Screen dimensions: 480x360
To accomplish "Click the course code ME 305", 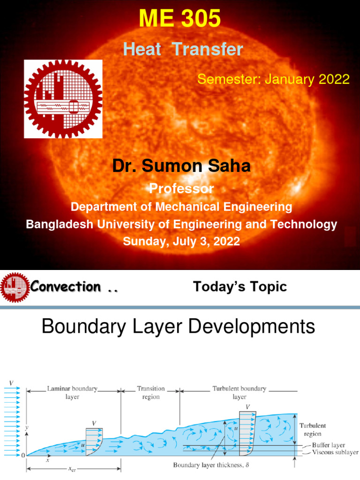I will pyautogui.click(x=180, y=19).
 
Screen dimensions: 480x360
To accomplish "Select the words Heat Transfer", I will pyautogui.click(x=183, y=49).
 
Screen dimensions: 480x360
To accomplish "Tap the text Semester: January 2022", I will pyautogui.click(x=273, y=79).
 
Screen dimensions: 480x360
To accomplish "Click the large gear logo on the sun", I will pyautogui.click(x=63, y=99).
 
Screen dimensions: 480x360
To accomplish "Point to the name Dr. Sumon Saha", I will pyautogui.click(x=181, y=166).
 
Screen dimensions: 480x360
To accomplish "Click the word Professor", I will pyautogui.click(x=181, y=189).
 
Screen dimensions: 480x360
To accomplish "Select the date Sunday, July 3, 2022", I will pyautogui.click(x=181, y=241).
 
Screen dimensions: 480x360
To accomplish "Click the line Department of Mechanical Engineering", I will pyautogui.click(x=181, y=207).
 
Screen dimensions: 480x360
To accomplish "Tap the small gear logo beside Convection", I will pyautogui.click(x=15, y=287).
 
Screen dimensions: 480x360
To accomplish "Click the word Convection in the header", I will pyautogui.click(x=66, y=287).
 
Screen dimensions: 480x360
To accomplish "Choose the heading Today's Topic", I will pyautogui.click(x=240, y=287).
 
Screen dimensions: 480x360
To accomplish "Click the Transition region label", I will pyautogui.click(x=151, y=392).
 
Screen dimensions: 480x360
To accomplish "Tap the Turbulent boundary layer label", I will pyautogui.click(x=239, y=392).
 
